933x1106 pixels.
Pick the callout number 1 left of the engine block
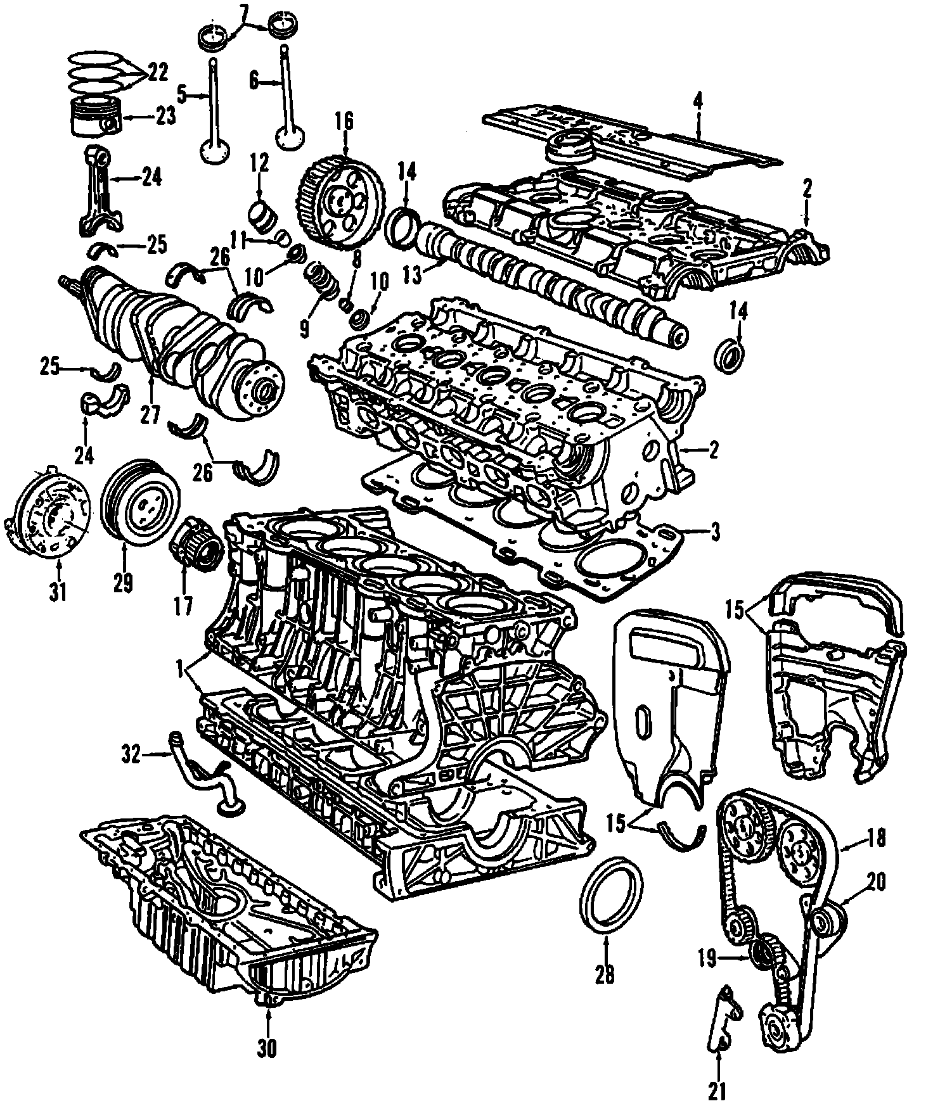181,668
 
